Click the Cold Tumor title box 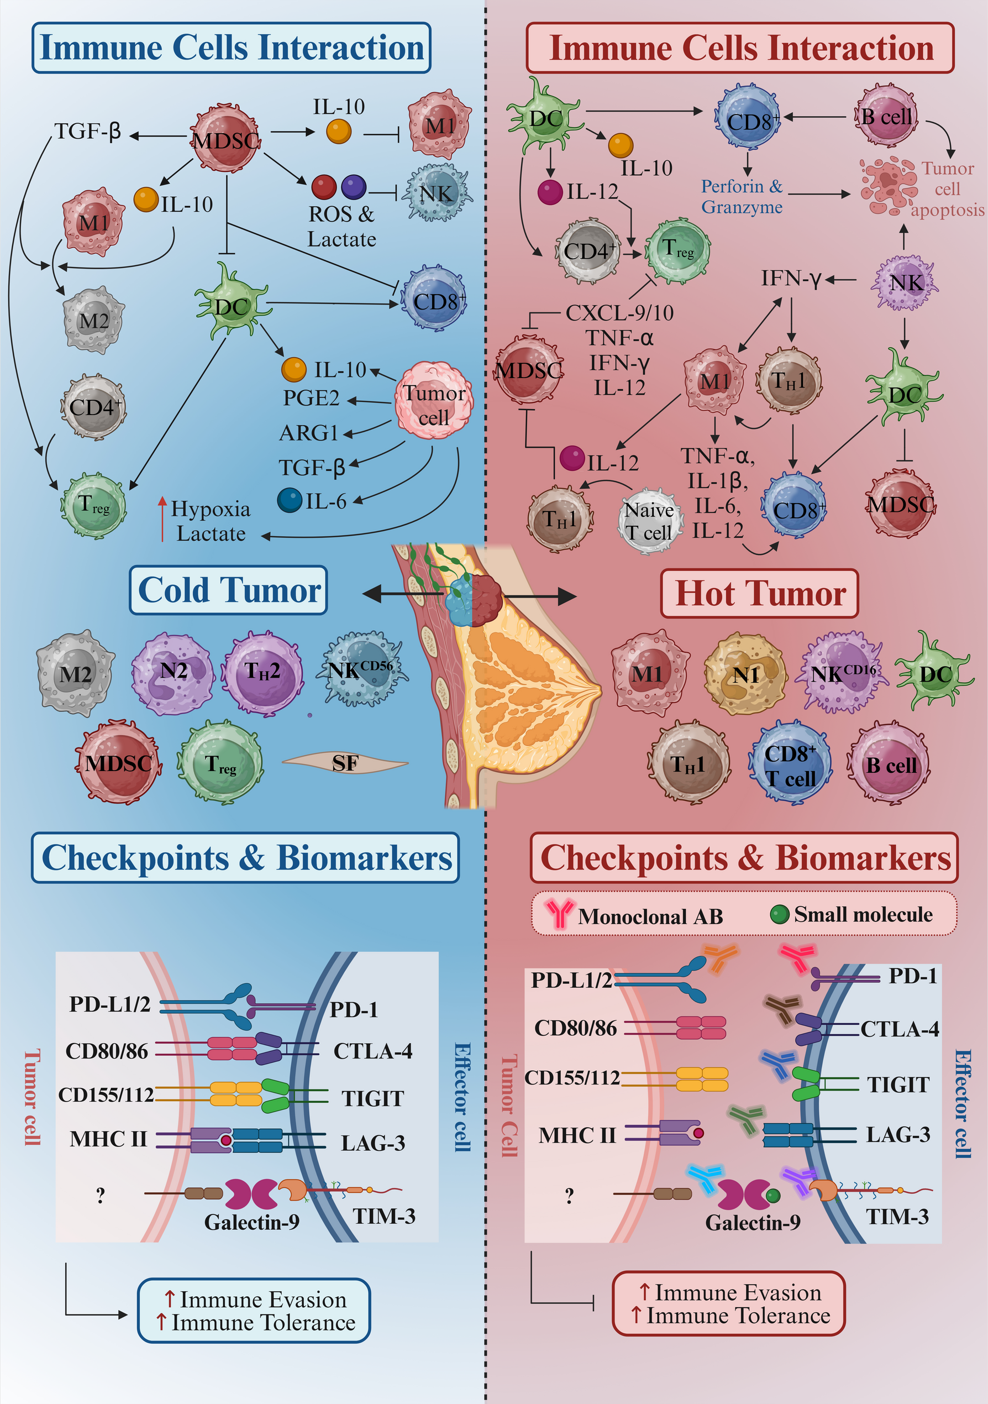[x=228, y=590]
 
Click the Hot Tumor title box [x=759, y=594]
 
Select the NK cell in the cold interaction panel [x=436, y=194]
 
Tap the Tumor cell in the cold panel [x=433, y=401]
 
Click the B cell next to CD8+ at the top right [x=886, y=117]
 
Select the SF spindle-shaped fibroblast [x=345, y=763]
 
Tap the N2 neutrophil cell [x=173, y=673]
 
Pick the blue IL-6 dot [x=290, y=500]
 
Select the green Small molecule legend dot [x=779, y=915]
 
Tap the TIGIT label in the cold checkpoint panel [x=372, y=1098]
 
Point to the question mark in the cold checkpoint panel [x=100, y=1195]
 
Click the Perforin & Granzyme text [x=742, y=196]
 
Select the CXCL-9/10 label [x=619, y=313]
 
